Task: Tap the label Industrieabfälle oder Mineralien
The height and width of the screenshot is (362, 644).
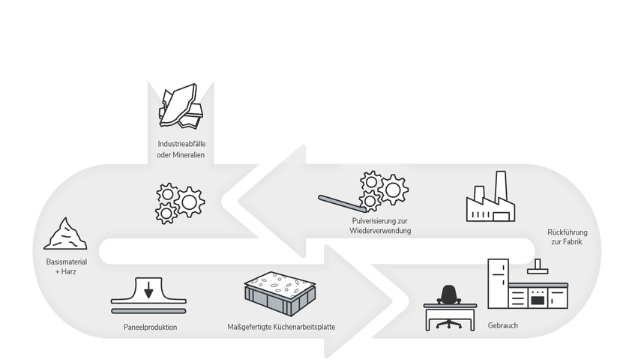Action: [181, 149]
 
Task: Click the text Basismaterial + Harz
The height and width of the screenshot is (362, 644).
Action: [67, 267]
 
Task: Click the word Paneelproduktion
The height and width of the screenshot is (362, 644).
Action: [151, 328]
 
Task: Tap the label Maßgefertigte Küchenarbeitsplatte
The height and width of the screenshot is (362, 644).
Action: [281, 328]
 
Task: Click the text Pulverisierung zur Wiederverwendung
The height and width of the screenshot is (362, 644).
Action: [380, 226]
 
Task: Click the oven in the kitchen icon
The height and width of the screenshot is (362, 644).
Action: [537, 298]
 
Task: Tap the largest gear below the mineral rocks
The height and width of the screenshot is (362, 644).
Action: [189, 202]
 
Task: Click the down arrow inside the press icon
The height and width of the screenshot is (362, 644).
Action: [149, 289]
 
